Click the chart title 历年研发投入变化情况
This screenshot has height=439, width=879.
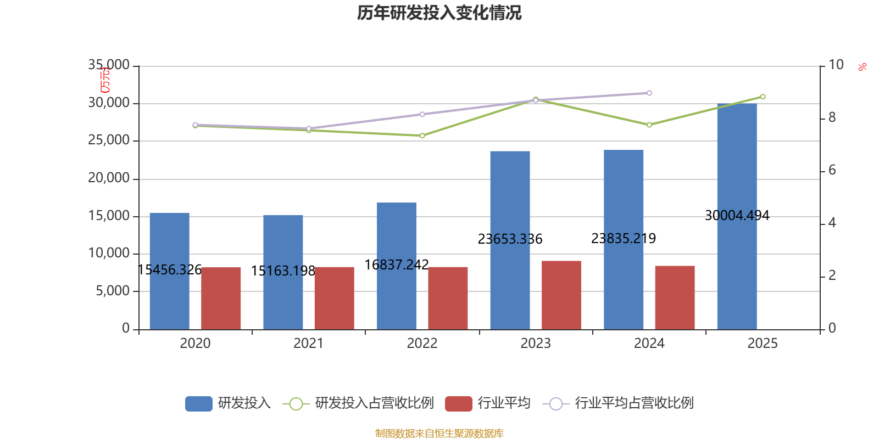pos(439,13)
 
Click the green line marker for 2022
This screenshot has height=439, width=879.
pos(422,136)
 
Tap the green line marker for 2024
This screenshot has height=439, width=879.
pos(649,125)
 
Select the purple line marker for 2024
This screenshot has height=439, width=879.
pos(649,93)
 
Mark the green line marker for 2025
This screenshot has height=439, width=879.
pos(763,97)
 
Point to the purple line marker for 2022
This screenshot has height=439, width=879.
pos(422,114)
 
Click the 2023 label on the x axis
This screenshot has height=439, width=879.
pos(535,344)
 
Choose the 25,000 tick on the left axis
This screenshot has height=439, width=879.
pos(109,140)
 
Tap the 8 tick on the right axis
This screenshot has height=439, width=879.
pos(832,117)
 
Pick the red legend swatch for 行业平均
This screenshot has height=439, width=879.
pos(459,404)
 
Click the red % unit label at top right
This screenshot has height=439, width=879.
pos(863,67)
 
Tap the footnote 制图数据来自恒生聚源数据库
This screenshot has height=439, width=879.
pos(439,434)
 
